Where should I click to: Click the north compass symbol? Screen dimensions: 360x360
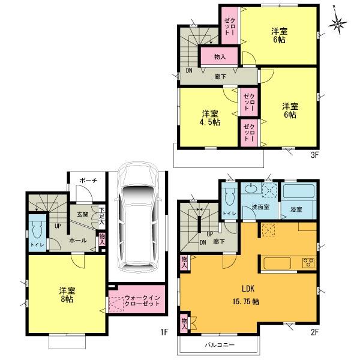(x=340, y=23)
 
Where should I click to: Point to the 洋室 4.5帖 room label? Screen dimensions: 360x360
(x=209, y=118)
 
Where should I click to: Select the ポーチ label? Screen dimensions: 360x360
(x=87, y=179)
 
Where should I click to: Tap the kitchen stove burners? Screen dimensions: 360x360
(x=308, y=262)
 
